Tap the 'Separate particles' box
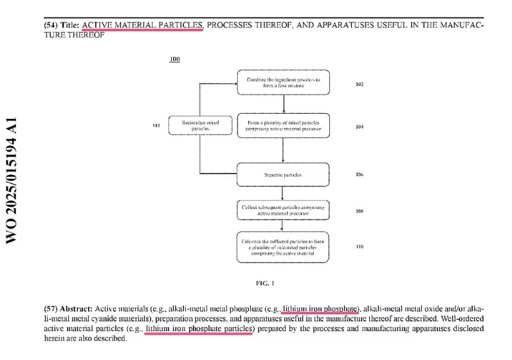[x=283, y=174]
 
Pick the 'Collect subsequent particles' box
[x=283, y=209]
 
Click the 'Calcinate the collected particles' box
[x=283, y=247]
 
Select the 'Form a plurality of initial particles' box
[x=283, y=126]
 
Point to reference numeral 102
[x=359, y=84]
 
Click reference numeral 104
[x=359, y=127]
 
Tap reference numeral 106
[x=359, y=174]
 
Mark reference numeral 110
[x=359, y=246]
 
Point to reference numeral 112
[x=156, y=126]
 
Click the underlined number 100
[x=174, y=59]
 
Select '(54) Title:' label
[x=62, y=25]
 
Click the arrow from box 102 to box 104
[x=283, y=106]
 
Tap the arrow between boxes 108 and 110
[x=283, y=226]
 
